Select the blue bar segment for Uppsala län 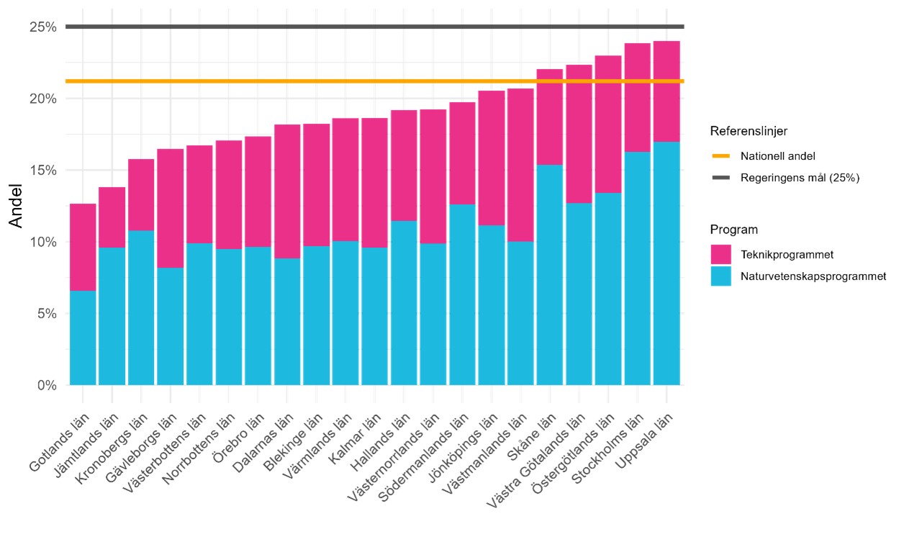666,263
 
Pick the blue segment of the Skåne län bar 550,274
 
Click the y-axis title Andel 17,206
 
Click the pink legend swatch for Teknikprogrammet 720,254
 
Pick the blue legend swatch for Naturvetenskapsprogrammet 720,276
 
